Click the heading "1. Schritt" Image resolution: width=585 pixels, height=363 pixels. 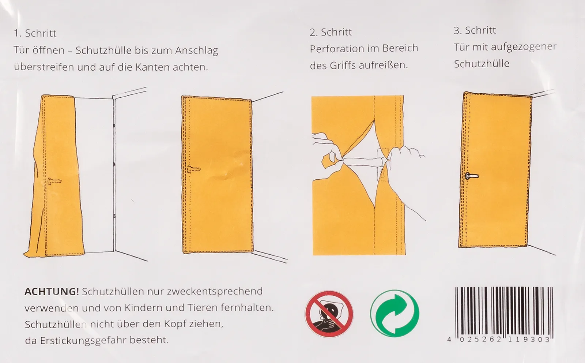[x=35, y=33]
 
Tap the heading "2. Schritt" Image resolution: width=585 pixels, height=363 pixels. [x=331, y=33]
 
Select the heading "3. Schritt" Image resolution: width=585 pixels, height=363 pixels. [x=475, y=30]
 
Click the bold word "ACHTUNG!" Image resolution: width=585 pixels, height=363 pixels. [x=52, y=291]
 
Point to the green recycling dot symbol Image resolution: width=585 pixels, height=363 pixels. [x=395, y=313]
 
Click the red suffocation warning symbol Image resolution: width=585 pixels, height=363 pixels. [x=329, y=314]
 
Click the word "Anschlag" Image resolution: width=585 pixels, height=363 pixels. [x=197, y=51]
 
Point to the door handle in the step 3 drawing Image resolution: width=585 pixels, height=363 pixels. [x=472, y=176]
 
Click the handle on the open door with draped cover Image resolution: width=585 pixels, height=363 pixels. [x=54, y=181]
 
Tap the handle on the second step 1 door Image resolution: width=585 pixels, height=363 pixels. [x=193, y=170]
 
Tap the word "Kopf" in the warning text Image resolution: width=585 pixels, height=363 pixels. [x=175, y=324]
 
